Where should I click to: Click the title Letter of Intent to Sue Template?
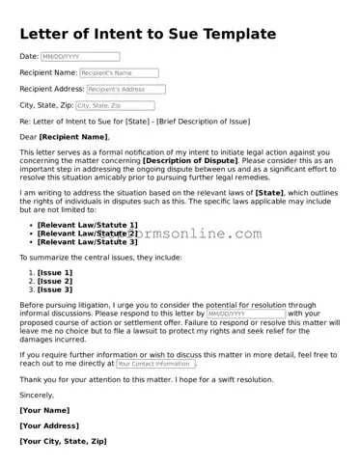(148, 35)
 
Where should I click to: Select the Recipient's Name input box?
(120, 72)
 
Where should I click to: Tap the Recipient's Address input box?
(120, 89)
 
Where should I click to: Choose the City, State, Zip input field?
(113, 105)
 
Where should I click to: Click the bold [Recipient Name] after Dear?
(74, 138)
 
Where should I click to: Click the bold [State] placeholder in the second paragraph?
(269, 192)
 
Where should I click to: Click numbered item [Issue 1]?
(55, 273)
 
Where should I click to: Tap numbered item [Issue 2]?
(55, 282)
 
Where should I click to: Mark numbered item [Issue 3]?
(55, 289)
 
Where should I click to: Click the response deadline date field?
(245, 314)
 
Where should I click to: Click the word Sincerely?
(37, 395)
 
